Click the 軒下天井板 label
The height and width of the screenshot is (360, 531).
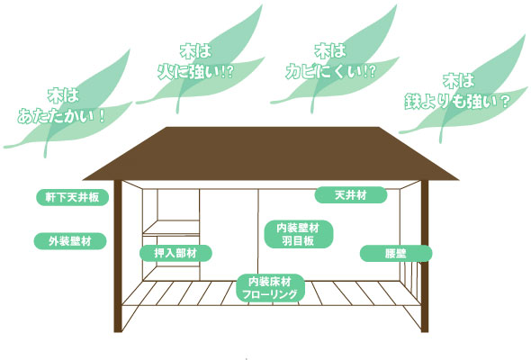point(73,197)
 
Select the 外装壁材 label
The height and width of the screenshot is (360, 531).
point(70,241)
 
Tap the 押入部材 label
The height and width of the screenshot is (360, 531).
point(175,253)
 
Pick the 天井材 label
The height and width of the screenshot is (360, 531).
point(351,195)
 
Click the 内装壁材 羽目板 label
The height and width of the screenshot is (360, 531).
point(298,234)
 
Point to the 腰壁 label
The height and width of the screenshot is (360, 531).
point(396,253)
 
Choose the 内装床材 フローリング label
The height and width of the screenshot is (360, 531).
point(270,288)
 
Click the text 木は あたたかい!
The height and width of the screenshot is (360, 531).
point(62,106)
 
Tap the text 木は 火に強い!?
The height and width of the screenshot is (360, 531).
point(195,62)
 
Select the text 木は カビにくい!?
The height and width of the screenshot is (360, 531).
point(330,61)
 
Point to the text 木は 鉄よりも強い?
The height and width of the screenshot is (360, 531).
point(457,92)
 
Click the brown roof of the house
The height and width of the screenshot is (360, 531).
point(271,153)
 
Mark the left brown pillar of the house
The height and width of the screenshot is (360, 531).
point(118,256)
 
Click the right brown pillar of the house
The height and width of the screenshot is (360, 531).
point(425,256)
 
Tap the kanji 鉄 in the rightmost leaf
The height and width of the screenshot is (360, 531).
point(413,102)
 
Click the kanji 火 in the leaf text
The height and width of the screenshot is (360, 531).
point(166,71)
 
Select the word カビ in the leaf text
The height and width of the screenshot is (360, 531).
point(302,71)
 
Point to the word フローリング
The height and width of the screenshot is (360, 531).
point(270,294)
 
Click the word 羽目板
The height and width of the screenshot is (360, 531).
point(298,241)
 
